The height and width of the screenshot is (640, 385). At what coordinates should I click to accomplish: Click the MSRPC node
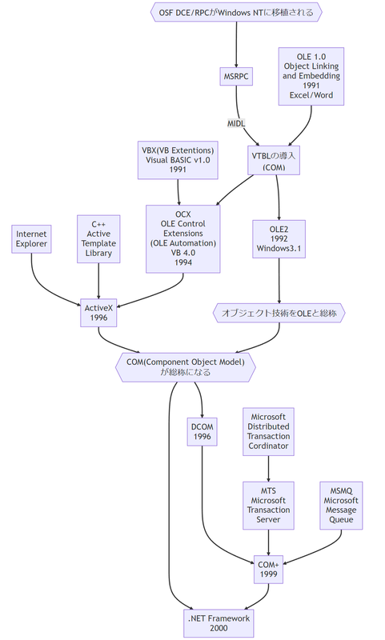click(235, 76)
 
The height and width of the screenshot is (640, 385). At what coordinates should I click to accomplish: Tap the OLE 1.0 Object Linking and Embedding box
click(311, 75)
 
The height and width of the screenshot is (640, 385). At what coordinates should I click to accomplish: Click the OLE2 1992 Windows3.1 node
click(279, 238)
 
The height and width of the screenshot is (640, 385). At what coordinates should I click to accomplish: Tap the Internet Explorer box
click(32, 238)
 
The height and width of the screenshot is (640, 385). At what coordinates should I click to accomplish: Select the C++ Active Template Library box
click(98, 238)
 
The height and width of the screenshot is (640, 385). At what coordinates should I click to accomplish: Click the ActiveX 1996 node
click(99, 312)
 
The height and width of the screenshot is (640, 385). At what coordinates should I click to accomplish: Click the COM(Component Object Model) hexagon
click(186, 367)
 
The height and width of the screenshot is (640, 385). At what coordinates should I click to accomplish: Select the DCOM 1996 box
click(201, 433)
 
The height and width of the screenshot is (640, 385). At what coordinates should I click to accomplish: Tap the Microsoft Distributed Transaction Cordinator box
click(267, 433)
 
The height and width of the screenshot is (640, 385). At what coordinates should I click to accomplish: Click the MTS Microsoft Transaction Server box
click(267, 505)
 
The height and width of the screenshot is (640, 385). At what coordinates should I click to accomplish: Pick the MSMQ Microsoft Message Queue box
click(341, 505)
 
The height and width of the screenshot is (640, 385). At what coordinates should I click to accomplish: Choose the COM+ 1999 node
click(267, 569)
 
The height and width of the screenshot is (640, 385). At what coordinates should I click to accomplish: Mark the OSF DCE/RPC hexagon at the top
click(235, 12)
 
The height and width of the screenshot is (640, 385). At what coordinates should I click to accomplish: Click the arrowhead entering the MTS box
click(267, 478)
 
